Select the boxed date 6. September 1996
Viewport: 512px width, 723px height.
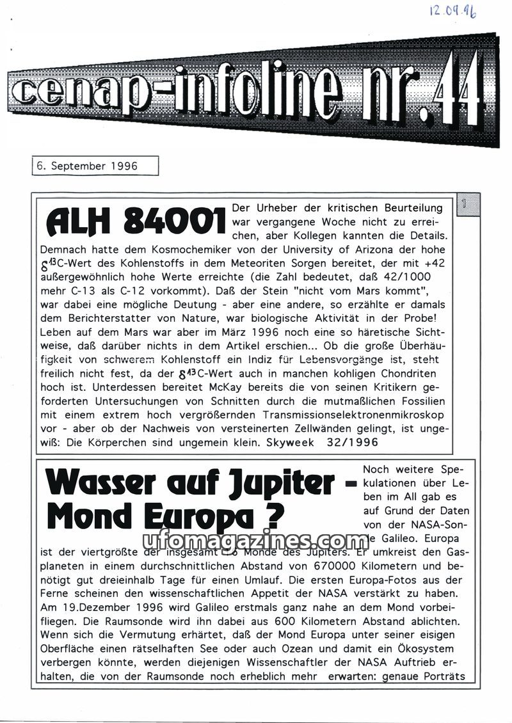[87, 166]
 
